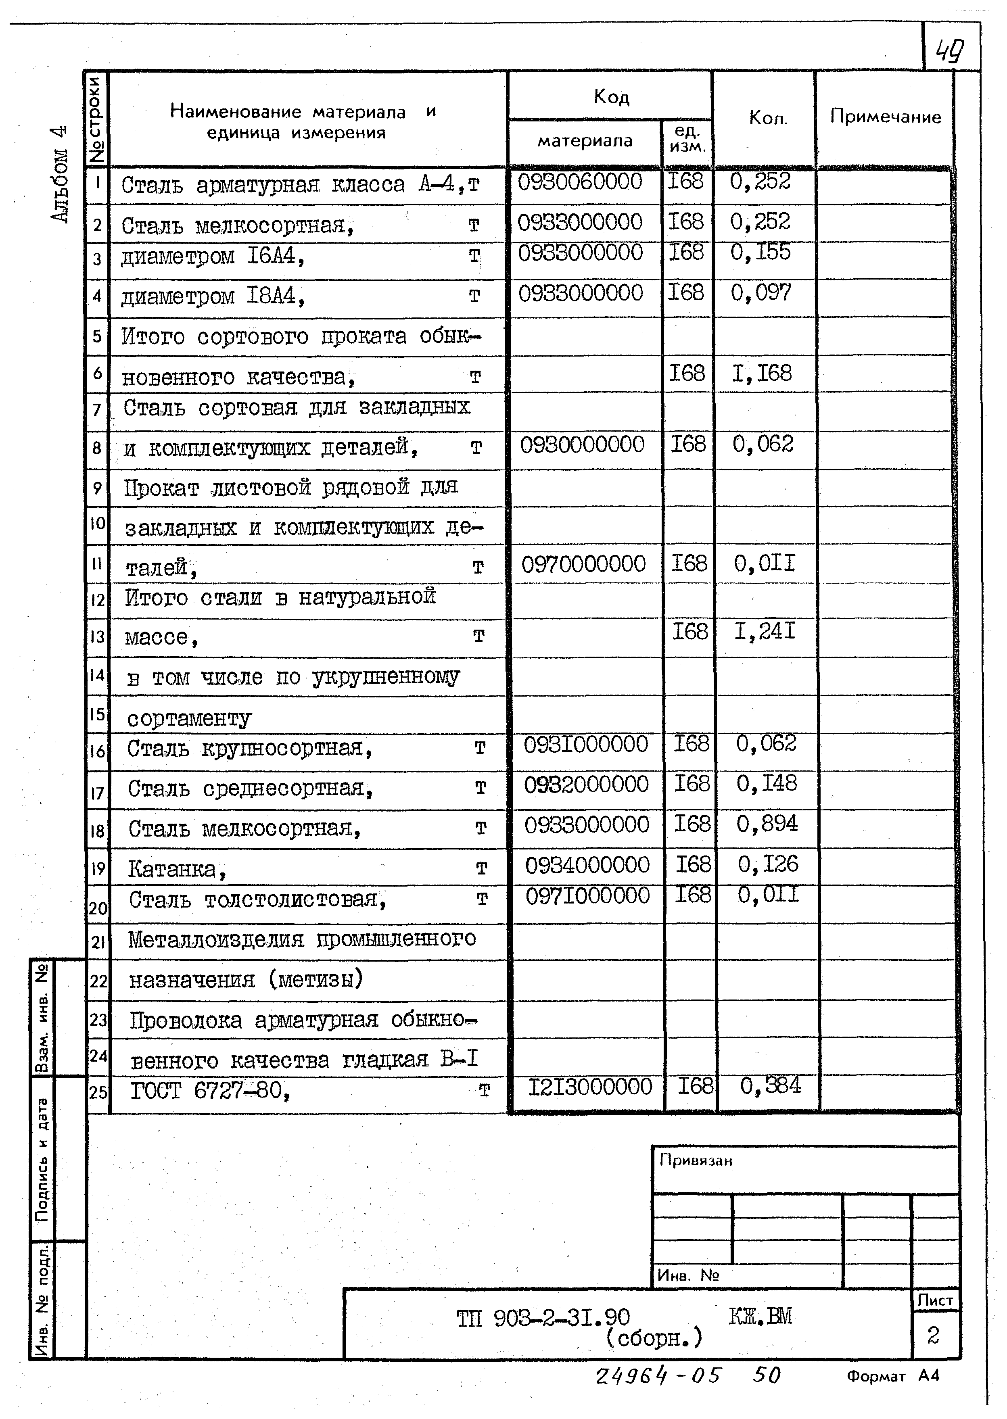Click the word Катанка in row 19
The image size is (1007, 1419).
coord(172,870)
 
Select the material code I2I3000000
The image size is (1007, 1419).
coord(590,1087)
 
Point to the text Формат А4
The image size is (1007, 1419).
coord(892,1376)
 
